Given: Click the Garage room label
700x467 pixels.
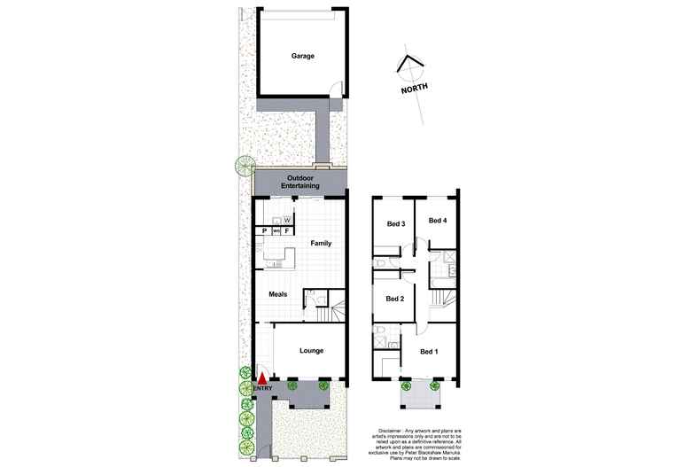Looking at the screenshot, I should click(303, 56).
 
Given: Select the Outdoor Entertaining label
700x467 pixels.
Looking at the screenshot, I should click(299, 182).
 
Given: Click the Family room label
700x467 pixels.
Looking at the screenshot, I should click(320, 243).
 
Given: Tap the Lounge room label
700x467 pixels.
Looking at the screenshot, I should click(310, 351).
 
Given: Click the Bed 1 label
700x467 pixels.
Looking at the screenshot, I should click(429, 352).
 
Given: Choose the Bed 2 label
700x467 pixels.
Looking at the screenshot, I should click(395, 299).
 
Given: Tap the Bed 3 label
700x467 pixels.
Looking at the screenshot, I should click(396, 223).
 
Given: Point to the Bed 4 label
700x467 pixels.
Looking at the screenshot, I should click(438, 220).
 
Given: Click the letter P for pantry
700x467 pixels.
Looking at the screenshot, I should click(263, 231).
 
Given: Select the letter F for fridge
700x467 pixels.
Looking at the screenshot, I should click(287, 231).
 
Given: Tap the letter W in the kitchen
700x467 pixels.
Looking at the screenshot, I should click(287, 219).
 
